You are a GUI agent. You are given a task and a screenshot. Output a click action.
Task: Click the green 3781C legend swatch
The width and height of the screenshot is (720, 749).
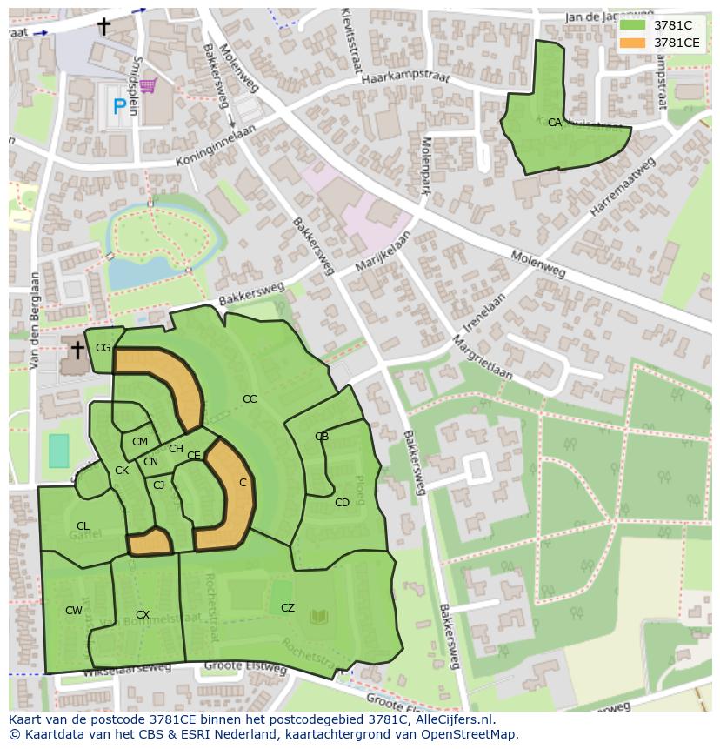point(632,25)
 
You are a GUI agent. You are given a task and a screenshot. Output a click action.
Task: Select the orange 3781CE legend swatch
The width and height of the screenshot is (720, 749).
point(632,43)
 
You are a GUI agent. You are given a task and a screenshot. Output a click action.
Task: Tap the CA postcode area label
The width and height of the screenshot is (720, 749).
point(554,124)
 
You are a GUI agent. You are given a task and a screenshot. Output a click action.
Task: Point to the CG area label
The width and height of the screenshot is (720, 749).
point(103,348)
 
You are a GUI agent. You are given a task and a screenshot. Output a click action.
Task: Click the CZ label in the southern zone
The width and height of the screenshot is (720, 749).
point(288,608)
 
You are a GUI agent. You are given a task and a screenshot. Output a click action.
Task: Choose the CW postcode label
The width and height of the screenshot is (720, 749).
point(74,611)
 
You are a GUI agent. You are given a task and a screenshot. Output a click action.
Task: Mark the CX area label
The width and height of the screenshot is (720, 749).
point(143,615)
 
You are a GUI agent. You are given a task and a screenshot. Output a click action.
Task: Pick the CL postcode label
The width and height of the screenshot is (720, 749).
point(83,526)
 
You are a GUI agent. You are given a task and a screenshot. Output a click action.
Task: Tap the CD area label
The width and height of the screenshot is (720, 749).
point(342,503)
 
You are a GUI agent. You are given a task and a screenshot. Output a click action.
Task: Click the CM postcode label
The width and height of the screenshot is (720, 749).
point(139,442)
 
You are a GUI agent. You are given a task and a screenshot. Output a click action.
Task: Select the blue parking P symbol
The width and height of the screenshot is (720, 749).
point(119,108)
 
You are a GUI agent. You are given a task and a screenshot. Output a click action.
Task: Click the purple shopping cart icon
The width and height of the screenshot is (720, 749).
point(148,85)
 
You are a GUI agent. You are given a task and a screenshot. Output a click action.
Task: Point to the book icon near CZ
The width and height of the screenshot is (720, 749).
point(319,617)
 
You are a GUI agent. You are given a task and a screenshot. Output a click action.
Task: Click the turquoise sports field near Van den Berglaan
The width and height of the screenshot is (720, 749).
point(58,451)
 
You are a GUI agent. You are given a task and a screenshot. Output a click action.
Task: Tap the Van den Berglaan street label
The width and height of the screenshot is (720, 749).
point(34,321)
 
